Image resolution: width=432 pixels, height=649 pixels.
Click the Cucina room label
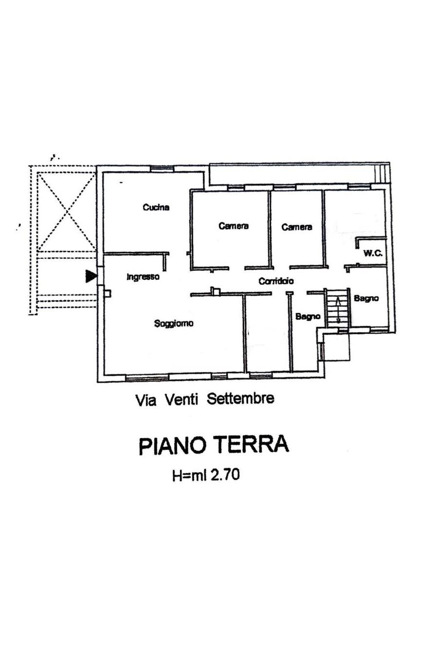pos(156,207)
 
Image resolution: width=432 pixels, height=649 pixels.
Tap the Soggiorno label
pos(174,324)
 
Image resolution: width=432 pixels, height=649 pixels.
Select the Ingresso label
pos(143,277)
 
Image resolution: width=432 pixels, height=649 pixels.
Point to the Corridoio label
pos(276,281)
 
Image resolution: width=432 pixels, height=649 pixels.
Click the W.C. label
pos(373,253)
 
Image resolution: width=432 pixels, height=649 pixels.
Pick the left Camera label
pos(234,226)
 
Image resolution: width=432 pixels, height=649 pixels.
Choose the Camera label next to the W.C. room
pos(297,227)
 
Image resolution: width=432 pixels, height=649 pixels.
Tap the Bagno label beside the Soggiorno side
pos(308,316)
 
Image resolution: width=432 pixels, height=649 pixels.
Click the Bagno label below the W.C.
pos(366,298)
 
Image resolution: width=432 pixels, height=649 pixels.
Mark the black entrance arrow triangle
pos(90,276)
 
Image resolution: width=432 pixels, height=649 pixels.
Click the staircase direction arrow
pos(338,309)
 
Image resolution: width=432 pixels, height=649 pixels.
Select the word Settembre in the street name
pos(240,399)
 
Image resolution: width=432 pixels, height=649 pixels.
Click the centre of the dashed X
pos(67,211)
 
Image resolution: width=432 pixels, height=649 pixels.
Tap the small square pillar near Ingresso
pos(107,294)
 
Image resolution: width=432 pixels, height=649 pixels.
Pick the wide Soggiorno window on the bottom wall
pos(147,377)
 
